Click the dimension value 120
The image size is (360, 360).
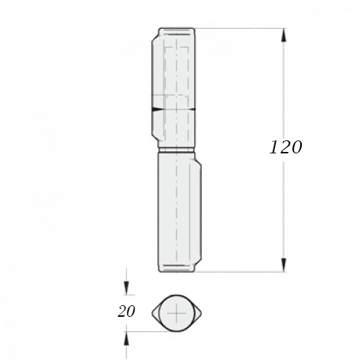(286, 147)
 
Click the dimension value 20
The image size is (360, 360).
(126, 312)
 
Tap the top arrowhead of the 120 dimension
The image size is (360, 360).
(284, 35)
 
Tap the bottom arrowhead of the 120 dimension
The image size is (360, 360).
(284, 265)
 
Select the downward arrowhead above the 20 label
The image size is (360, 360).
(126, 288)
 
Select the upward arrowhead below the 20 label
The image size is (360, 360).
(126, 338)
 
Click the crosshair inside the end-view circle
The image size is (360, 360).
(176, 313)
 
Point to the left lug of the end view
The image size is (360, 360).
(156, 313)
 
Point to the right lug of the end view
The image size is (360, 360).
(197, 313)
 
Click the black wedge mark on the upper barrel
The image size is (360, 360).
(156, 109)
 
